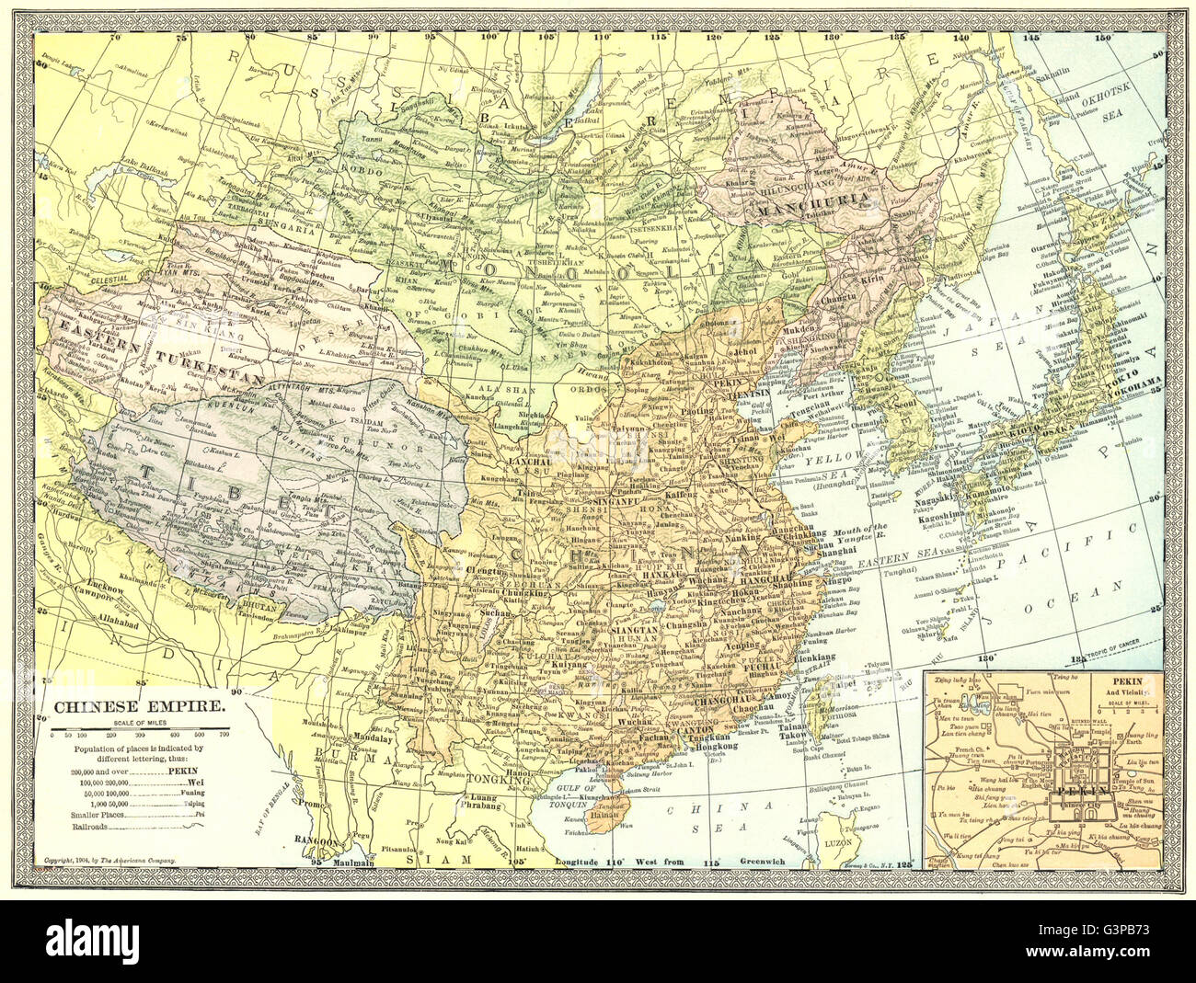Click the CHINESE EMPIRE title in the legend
[134, 707]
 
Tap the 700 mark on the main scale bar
[224, 736]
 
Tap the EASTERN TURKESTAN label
[152, 351]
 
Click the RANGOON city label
[336, 839]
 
